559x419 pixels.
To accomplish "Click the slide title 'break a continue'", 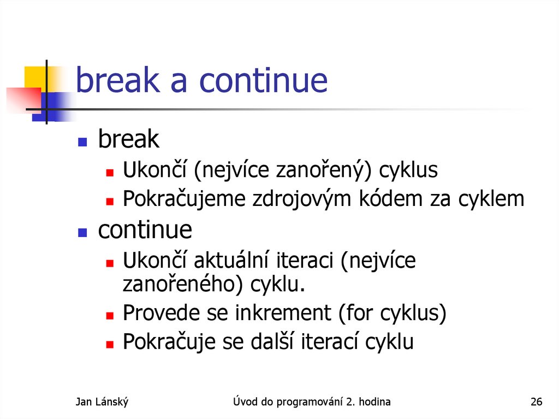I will [201, 80].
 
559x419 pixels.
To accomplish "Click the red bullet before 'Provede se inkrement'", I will [109, 315].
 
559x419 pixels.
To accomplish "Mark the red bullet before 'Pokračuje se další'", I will [109, 344].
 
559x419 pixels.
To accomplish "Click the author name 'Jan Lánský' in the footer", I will [102, 403].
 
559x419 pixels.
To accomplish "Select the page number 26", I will [536, 403].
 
